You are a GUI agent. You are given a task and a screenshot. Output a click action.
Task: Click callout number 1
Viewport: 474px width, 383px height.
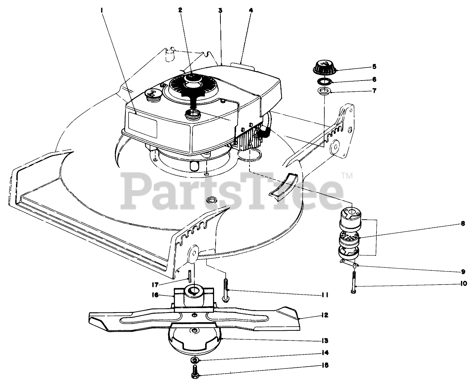[101, 11]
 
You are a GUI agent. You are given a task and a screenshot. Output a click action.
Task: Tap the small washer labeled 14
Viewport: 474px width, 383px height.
[195, 360]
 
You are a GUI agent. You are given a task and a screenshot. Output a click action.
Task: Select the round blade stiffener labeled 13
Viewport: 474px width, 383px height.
[194, 339]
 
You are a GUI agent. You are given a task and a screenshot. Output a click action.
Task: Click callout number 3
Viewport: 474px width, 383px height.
[220, 11]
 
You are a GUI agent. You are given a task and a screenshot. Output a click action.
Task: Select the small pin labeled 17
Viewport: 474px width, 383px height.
[190, 276]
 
